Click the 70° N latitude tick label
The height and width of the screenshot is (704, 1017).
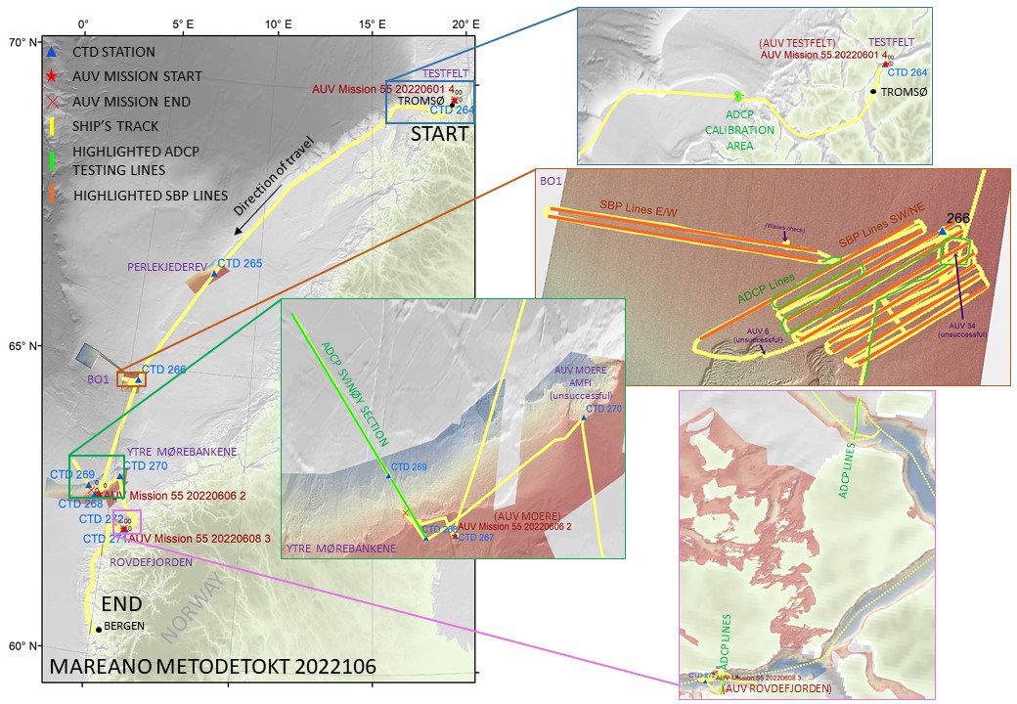tap(21, 43)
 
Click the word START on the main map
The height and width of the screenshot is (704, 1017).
tap(441, 134)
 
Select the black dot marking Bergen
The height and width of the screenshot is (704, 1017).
tap(99, 630)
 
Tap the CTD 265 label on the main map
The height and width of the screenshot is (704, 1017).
tap(240, 263)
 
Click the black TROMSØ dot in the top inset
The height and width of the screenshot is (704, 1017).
tap(873, 92)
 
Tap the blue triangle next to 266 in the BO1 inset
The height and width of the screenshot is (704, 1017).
tap(942, 232)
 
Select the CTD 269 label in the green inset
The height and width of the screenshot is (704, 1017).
tap(409, 467)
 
